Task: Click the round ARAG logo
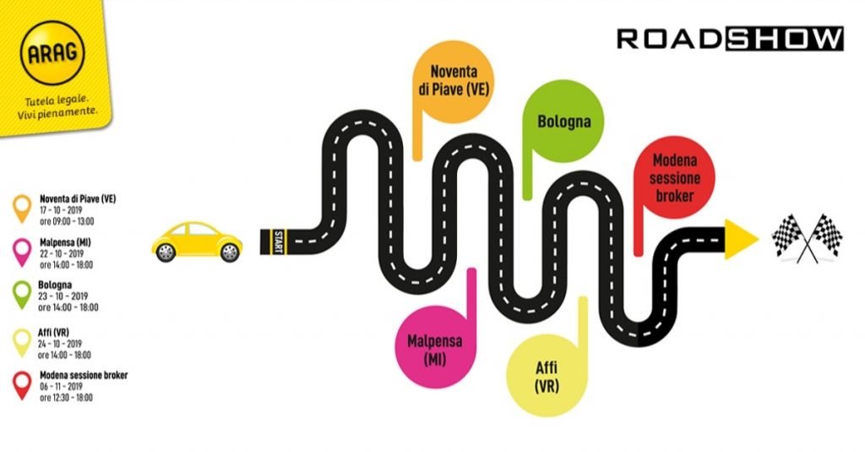pos(52,53)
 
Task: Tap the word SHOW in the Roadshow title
pos(785,39)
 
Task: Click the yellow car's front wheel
pos(229,253)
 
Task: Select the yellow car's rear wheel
pos(166,253)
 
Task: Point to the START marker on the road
pos(277,241)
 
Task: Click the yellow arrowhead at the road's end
pos(740,239)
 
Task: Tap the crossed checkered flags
pos(807,238)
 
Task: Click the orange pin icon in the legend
pos(22,209)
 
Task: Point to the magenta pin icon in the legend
pos(22,253)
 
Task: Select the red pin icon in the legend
pos(22,385)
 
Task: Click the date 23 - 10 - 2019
pos(63,296)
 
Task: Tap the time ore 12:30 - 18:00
pos(66,397)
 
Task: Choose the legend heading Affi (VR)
pos(53,333)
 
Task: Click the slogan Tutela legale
pos(57,101)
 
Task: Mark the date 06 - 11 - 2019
pos(61,386)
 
